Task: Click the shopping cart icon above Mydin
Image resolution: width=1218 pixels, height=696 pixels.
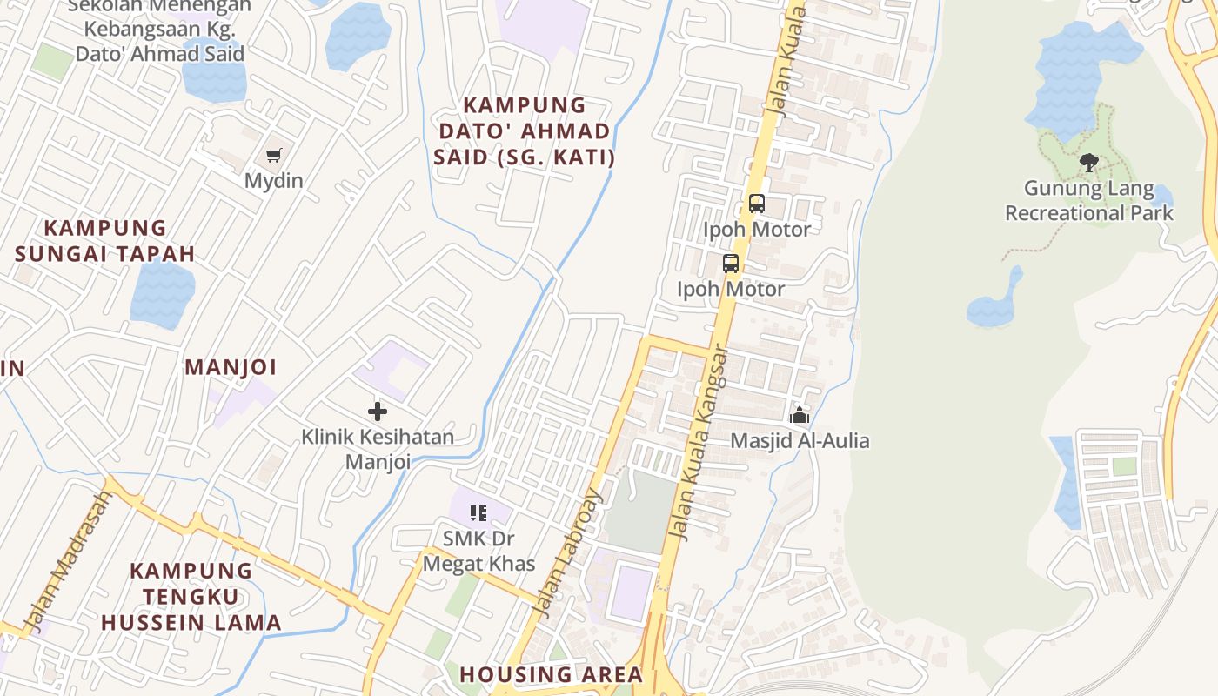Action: click(x=274, y=156)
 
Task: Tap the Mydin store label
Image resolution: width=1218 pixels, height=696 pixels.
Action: click(x=274, y=181)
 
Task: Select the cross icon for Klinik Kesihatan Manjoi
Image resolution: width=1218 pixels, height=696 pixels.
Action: click(x=378, y=412)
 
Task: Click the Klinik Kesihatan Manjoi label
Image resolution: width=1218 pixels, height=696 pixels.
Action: click(x=378, y=448)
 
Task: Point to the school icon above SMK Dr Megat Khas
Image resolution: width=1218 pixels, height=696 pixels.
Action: click(x=478, y=513)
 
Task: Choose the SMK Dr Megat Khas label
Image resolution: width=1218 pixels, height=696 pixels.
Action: click(x=478, y=551)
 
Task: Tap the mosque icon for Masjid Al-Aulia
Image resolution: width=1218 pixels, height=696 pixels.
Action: click(x=800, y=415)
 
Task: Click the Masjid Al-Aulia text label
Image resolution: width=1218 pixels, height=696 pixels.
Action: click(x=800, y=441)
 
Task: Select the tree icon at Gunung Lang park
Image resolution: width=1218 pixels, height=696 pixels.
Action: click(x=1088, y=162)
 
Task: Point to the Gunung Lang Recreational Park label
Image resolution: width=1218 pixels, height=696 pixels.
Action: click(x=1089, y=201)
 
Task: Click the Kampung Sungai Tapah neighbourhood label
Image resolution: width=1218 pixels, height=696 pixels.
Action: click(x=105, y=241)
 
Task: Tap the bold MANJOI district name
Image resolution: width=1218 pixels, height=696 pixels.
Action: click(x=231, y=367)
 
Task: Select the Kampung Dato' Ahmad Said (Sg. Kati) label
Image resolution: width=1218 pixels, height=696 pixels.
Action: click(x=525, y=131)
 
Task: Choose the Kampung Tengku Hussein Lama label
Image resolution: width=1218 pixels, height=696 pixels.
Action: click(x=191, y=597)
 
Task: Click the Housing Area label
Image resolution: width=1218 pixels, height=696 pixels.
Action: click(x=551, y=674)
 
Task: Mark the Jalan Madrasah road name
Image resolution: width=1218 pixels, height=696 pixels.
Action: click(x=70, y=561)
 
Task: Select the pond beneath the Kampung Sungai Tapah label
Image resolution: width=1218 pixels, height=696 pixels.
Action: click(x=162, y=294)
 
